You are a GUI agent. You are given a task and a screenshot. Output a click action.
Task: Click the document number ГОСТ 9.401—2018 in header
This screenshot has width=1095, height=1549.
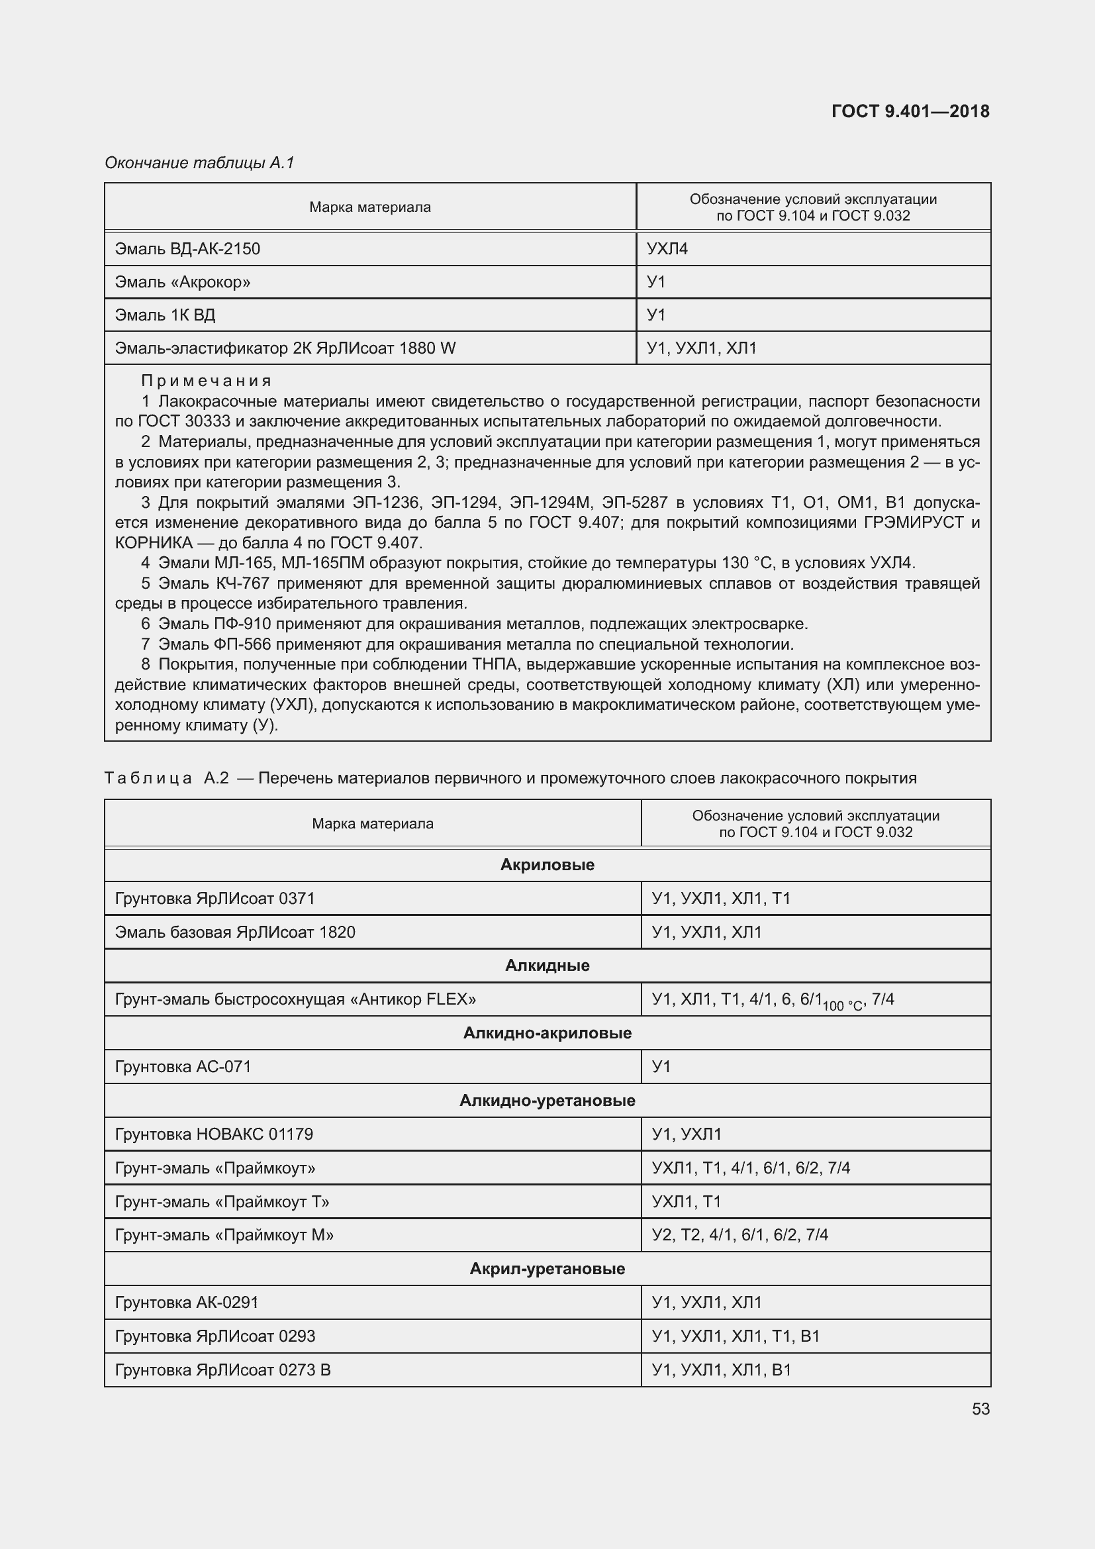910,111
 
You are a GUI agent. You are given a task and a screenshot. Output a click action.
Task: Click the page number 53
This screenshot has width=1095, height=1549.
980,1409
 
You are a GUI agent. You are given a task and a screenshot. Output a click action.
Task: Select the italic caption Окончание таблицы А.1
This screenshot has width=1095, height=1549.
199,163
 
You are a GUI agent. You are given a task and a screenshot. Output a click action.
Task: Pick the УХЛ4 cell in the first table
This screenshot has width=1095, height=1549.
667,249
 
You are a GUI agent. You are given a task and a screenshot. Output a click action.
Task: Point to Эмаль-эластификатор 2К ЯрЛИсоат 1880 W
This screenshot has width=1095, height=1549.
285,348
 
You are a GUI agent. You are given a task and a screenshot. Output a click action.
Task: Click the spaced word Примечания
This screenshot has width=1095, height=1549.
206,381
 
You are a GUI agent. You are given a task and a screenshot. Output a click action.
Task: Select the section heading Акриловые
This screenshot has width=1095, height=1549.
547,865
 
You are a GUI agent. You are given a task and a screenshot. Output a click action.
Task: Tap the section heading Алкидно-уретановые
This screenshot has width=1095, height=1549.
547,1101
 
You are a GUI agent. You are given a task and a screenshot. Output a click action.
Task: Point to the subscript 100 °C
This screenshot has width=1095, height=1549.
842,1006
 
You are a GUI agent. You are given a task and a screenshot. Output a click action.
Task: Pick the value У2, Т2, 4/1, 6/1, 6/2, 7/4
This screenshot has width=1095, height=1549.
739,1234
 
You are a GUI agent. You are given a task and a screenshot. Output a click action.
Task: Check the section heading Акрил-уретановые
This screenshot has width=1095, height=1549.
547,1268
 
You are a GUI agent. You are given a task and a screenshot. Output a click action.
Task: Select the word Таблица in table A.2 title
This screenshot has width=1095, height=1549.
148,778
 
